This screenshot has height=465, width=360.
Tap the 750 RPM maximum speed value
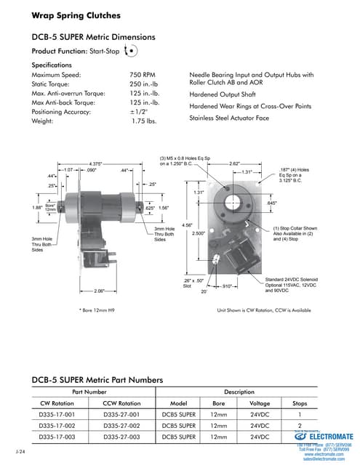(x=143, y=75)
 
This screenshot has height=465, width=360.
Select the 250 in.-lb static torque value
(x=145, y=85)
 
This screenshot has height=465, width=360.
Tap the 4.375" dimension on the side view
(x=95, y=163)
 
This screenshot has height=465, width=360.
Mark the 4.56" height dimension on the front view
(x=187, y=225)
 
